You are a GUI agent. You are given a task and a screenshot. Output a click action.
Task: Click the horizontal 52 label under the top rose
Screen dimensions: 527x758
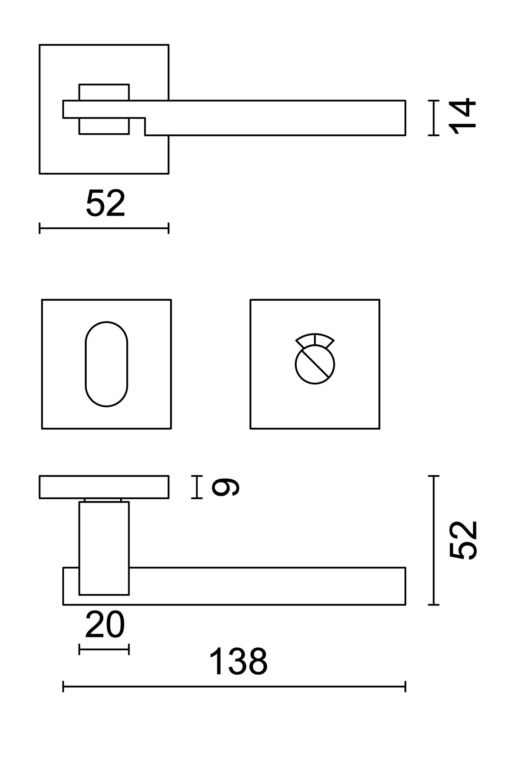(x=106, y=203)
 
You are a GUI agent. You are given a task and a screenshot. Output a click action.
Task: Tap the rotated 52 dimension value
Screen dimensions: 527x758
(x=463, y=540)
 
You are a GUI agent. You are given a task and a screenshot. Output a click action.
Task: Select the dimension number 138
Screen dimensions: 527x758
(x=238, y=662)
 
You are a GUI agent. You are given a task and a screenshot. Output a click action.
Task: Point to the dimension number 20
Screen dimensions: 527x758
(x=105, y=625)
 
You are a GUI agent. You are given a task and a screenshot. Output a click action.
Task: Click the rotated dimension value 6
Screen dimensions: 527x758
(x=225, y=487)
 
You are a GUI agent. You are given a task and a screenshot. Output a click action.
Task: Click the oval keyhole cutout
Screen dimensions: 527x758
(x=106, y=364)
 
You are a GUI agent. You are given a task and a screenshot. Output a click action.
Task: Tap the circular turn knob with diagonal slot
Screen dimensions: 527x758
(x=315, y=365)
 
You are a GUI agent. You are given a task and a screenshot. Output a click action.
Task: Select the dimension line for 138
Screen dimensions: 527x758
(x=234, y=686)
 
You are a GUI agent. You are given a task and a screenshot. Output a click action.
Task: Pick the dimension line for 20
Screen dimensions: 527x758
(x=104, y=650)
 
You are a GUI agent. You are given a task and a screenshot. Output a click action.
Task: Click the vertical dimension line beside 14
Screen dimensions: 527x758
(x=433, y=118)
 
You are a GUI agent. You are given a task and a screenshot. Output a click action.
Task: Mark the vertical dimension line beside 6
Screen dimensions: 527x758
(x=197, y=487)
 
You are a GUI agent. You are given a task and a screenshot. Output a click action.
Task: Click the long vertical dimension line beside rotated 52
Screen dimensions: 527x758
(x=433, y=540)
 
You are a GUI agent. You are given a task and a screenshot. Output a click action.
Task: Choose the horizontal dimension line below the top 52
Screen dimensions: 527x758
(x=104, y=228)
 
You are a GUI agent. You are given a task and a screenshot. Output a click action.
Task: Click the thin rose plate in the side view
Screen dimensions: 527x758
(x=104, y=487)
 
